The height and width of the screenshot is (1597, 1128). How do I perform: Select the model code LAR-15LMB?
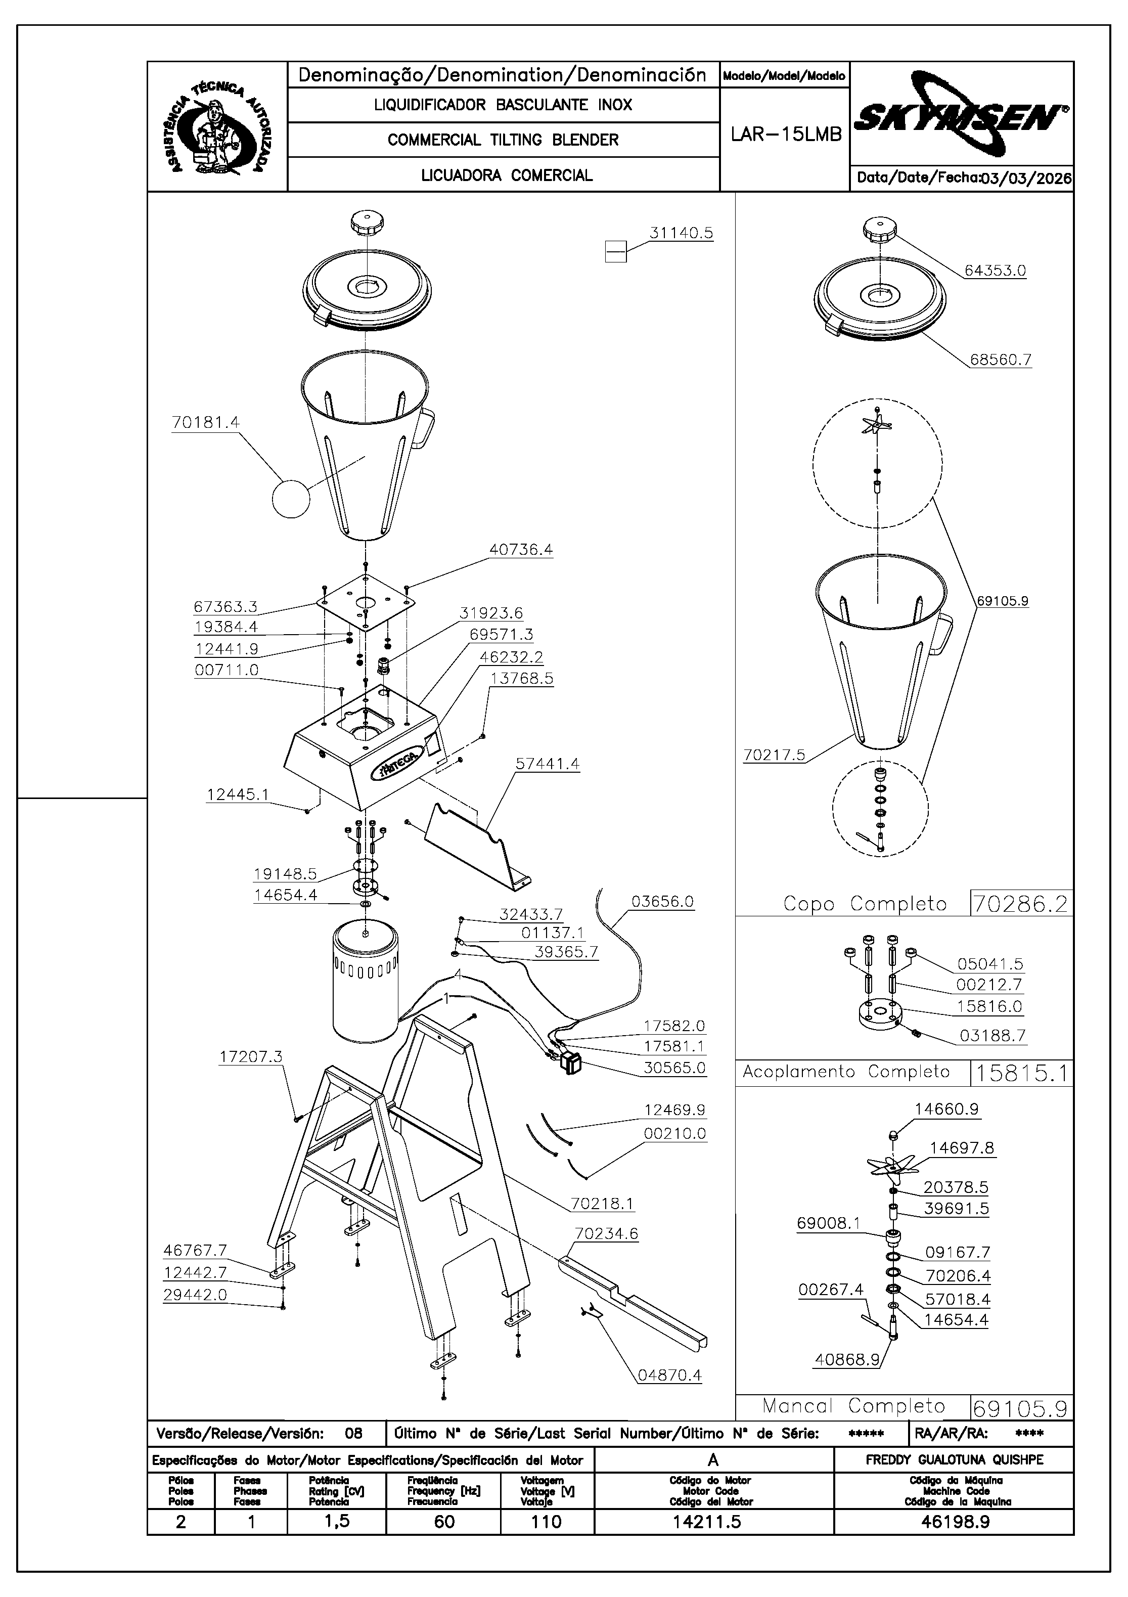coord(786,134)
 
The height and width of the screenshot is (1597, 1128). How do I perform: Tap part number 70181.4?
coord(205,422)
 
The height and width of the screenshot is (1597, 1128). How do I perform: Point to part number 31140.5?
coord(681,233)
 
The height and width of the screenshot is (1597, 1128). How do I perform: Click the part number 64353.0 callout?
coord(995,271)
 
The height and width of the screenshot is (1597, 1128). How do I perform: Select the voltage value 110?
coord(546,1522)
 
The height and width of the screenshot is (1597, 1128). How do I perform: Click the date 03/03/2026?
coord(1026,178)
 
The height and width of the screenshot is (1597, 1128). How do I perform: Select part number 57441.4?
coord(547,764)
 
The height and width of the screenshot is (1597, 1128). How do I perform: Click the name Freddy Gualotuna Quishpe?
coord(954,1460)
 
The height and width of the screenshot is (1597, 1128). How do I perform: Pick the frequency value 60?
coord(444,1522)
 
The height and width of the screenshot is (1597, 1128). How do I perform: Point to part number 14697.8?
coord(961,1147)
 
